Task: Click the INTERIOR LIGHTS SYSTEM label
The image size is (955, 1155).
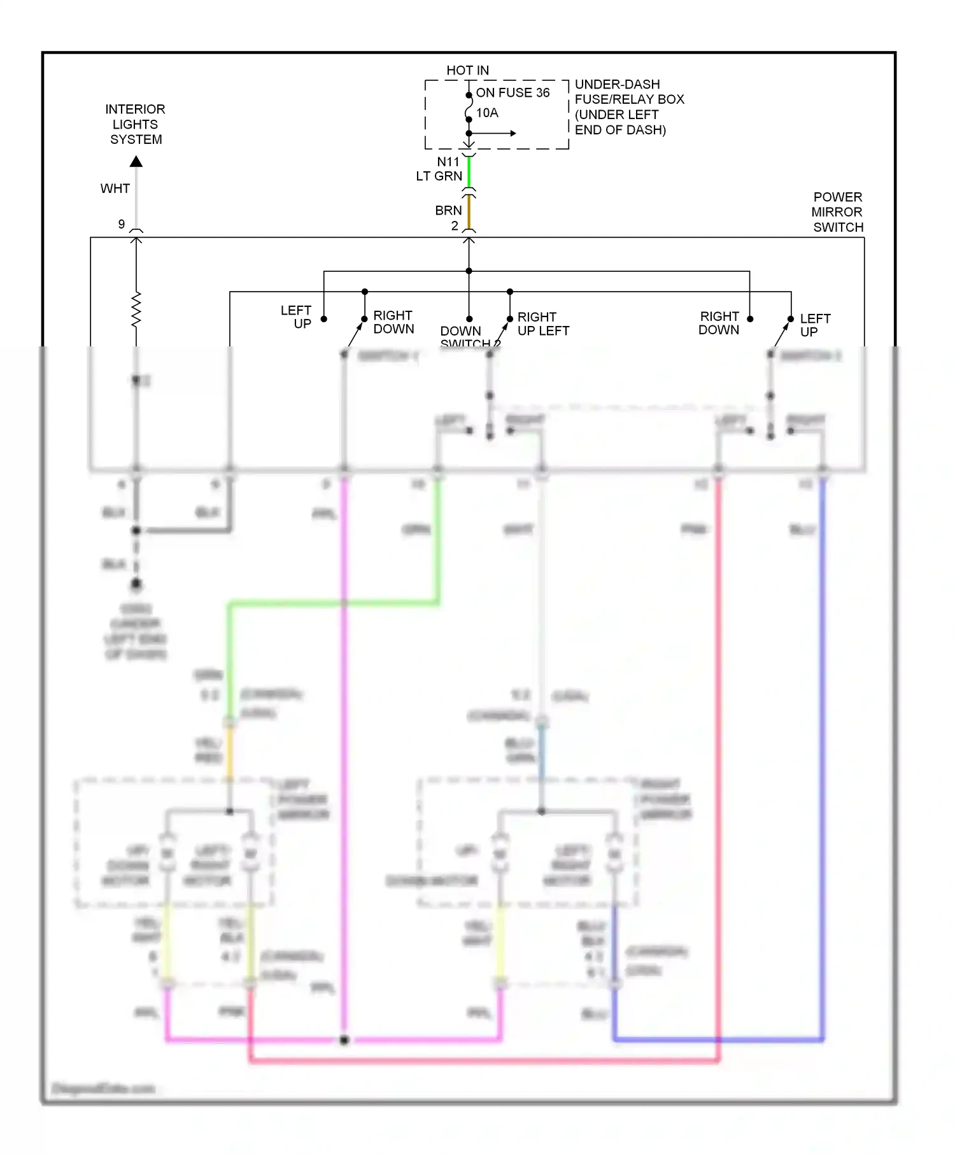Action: click(135, 124)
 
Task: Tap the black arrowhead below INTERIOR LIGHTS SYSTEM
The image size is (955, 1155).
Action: click(136, 162)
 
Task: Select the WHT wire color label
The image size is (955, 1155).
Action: click(115, 188)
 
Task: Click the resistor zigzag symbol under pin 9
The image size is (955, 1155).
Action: click(136, 310)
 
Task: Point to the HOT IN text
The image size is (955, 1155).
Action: click(467, 70)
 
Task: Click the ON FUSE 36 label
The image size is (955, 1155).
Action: click(513, 93)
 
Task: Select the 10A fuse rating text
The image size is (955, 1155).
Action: click(487, 113)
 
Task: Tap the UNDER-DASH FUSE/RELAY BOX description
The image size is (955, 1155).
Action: click(628, 107)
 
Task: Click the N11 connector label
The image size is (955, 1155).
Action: click(448, 162)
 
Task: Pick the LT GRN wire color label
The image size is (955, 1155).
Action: click(439, 176)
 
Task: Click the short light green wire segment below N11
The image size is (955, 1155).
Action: click(469, 171)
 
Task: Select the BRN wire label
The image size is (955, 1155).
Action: click(448, 210)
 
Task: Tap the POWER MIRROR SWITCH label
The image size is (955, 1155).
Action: click(837, 212)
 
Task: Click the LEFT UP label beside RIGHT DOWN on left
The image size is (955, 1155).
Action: click(297, 316)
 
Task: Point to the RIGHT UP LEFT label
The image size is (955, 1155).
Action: click(542, 323)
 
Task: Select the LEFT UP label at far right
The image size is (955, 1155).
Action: click(814, 325)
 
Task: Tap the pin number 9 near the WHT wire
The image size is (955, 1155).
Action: click(122, 224)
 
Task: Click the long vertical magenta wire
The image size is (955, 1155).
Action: click(344, 764)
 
